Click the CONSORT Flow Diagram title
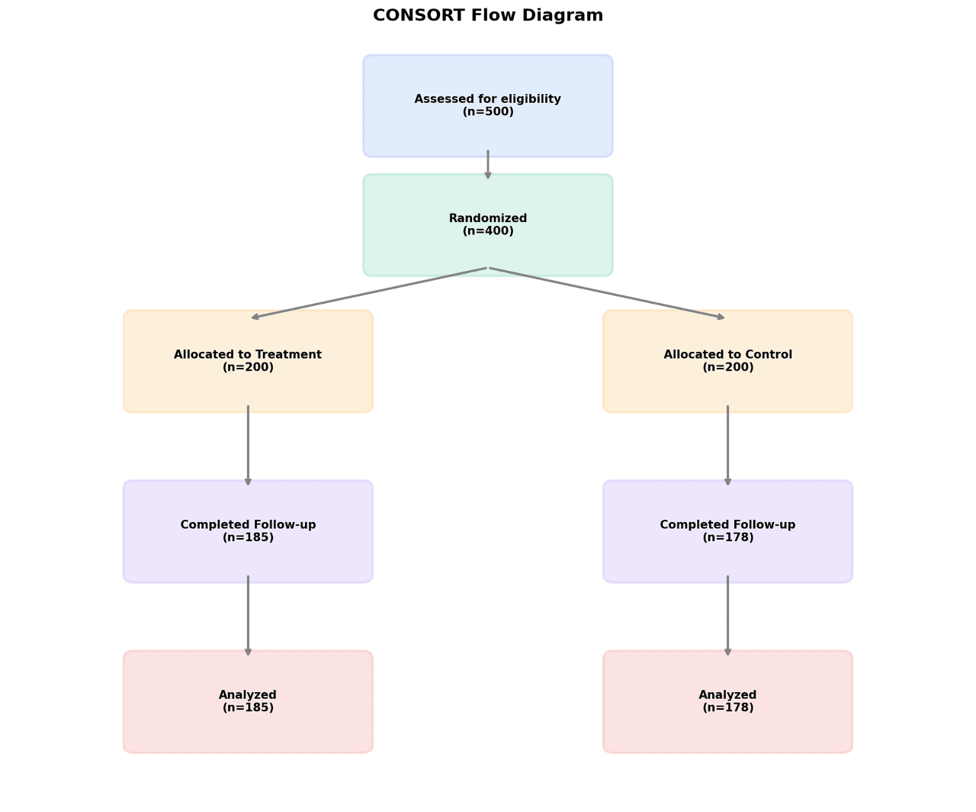coord(488,15)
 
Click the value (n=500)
coord(488,112)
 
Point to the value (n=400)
coord(488,231)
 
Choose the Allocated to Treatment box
coord(248,389)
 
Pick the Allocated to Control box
coord(727,389)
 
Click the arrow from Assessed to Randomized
coord(488,165)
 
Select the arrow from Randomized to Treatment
coord(369,293)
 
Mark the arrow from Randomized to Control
coord(607,293)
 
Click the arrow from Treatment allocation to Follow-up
coord(248,446)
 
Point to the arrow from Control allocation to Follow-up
coord(727,446)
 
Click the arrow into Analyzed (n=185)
coord(248,616)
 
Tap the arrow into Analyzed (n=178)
coord(727,616)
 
